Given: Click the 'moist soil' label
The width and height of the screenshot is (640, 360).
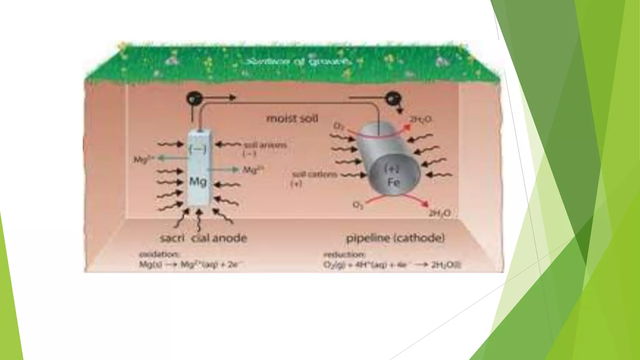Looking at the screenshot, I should [x=292, y=119].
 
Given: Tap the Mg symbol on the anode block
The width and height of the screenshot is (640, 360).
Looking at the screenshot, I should [x=198, y=181].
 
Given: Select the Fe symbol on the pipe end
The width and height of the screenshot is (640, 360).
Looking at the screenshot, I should [x=393, y=182].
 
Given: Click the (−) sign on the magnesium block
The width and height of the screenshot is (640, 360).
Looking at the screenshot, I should [x=198, y=149].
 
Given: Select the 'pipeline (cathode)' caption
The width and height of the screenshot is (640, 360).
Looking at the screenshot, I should [x=395, y=238].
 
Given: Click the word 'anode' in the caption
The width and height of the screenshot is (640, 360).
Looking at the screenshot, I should [x=230, y=238].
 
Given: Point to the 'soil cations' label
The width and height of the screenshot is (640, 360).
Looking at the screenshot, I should [x=315, y=174].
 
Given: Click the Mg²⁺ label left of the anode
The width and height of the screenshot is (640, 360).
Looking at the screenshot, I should [x=144, y=160].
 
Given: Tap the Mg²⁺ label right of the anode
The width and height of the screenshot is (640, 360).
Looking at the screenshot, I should [x=253, y=170].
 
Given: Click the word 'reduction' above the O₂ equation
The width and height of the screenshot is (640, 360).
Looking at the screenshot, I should [x=343, y=254].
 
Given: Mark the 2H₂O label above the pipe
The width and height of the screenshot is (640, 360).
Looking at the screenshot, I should [x=420, y=119].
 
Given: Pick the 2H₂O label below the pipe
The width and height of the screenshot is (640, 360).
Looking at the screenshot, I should [x=439, y=214].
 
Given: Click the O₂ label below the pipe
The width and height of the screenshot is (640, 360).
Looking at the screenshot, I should [x=358, y=205].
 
